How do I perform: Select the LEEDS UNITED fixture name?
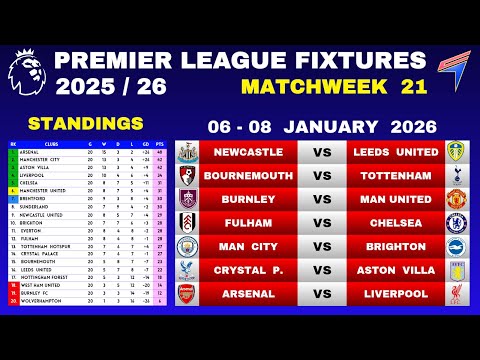point(396,152)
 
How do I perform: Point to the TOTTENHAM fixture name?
point(396,175)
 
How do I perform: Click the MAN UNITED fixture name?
point(396,198)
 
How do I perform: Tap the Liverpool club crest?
point(458,293)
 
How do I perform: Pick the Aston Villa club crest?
point(458,269)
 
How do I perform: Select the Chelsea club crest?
point(458,222)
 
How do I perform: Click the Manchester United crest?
point(458,198)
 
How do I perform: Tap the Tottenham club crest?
point(458,175)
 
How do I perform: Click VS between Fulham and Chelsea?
point(322,222)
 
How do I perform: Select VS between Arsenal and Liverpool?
point(322,293)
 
